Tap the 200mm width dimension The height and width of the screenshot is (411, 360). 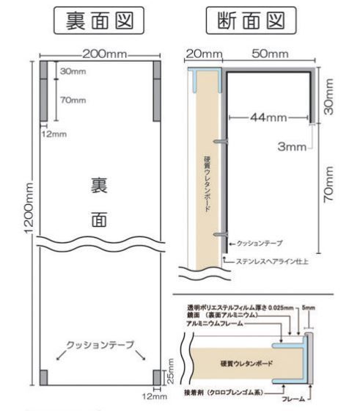(102, 54)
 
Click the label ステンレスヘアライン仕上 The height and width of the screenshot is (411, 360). (266, 261)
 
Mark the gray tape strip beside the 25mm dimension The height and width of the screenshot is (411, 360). (155, 377)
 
